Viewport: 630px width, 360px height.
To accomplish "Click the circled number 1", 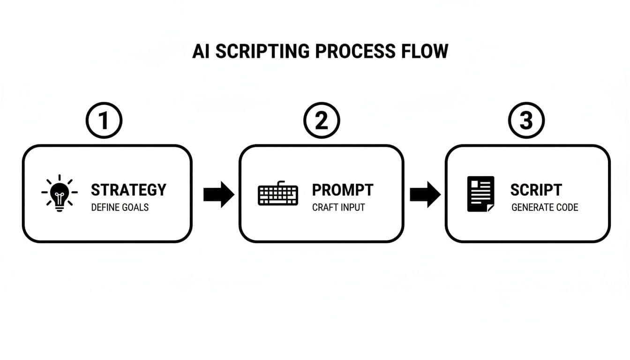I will (x=104, y=120).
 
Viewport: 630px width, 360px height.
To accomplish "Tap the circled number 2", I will (x=322, y=120).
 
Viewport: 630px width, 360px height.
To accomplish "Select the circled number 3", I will (x=526, y=120).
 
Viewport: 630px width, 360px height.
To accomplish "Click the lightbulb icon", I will (x=59, y=193).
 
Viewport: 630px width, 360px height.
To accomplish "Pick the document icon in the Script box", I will (x=480, y=194).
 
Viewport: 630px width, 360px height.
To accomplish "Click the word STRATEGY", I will (x=128, y=190).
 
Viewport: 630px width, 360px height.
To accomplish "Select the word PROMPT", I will (x=343, y=190).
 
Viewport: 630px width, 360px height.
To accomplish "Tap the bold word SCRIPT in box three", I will (x=536, y=190).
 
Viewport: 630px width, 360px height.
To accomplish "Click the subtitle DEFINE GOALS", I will (x=120, y=207).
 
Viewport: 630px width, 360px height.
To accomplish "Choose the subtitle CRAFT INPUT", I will (x=338, y=207).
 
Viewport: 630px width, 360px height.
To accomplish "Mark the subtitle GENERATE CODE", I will (x=545, y=207).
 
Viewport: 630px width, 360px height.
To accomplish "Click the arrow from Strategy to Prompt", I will (x=218, y=194).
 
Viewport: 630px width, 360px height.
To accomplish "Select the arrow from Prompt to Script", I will (x=425, y=194).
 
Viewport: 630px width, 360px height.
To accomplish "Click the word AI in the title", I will (x=200, y=51).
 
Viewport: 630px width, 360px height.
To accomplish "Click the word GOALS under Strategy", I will (x=136, y=207).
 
